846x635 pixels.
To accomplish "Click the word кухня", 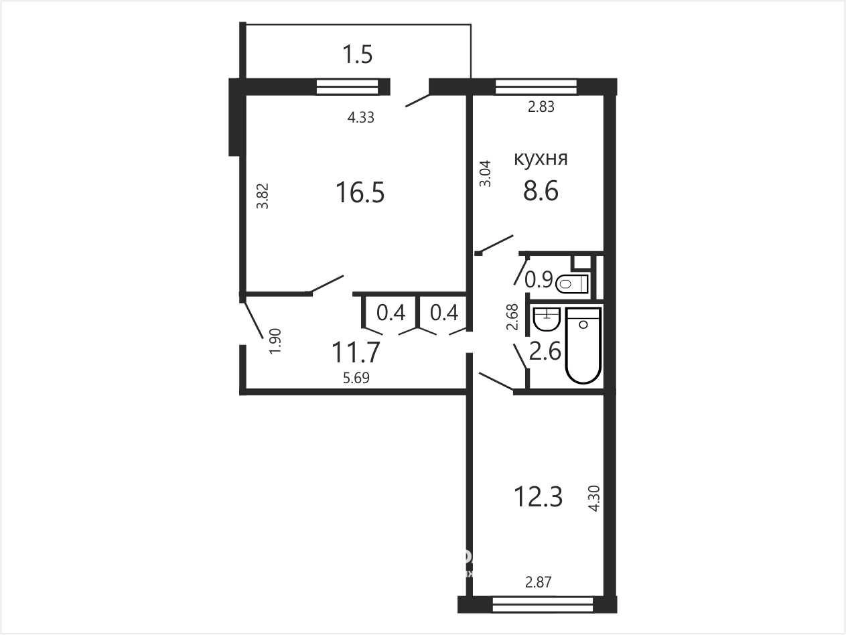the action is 541,159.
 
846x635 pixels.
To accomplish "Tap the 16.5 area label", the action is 360,193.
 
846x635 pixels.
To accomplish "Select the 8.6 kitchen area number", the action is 541,191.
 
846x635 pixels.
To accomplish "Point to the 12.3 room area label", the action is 539,497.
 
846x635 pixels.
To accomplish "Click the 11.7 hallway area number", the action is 356,352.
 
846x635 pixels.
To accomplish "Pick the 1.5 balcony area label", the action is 358,54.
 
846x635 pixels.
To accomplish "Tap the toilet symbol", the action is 572,284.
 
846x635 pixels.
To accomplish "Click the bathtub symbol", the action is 583,346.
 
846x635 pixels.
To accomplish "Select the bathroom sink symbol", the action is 546,319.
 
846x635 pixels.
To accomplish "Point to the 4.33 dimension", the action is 361,117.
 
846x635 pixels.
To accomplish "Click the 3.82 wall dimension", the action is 263,196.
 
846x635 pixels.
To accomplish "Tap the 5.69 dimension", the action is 356,378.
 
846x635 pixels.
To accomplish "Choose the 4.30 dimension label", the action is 595,498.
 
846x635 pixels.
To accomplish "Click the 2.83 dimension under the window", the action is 541,107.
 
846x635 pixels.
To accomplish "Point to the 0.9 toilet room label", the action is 539,279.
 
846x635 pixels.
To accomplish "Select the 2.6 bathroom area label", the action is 545,352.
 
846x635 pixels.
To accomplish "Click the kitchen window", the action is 536,86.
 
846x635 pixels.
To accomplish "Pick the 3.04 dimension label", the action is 486,173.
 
